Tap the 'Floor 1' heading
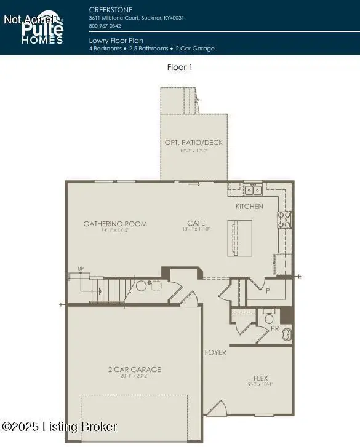click(180, 67)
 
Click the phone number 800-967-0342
click(105, 26)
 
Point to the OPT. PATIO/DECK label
click(194, 143)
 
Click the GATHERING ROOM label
click(115, 224)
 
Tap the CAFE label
click(196, 223)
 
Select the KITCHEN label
click(249, 207)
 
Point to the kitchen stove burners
click(284, 220)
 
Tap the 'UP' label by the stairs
click(80, 269)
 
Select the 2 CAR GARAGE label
click(134, 370)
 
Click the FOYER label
click(215, 352)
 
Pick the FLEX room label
click(261, 378)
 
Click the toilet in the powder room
click(269, 318)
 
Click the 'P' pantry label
click(268, 290)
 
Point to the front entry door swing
click(215, 408)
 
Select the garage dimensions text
click(134, 377)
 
